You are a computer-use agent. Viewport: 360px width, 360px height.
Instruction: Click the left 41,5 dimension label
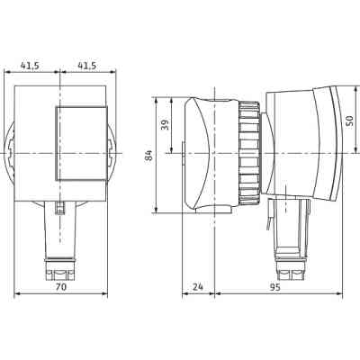click(31, 67)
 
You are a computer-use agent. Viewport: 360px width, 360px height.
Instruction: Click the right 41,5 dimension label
click(87, 67)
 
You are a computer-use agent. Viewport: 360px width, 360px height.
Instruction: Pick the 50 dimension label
click(349, 121)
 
